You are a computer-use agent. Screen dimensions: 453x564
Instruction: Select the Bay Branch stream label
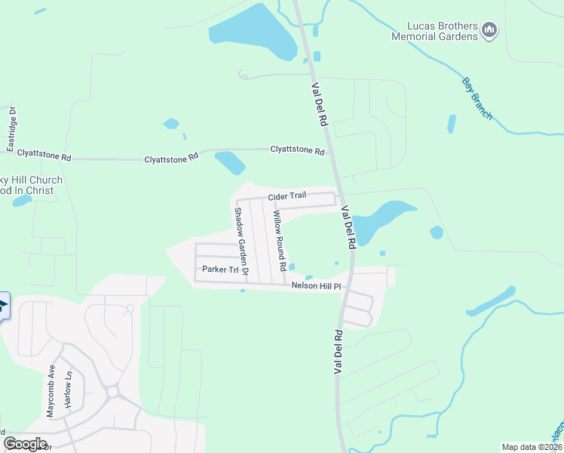(477, 98)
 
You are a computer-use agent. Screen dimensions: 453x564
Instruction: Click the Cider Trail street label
(287, 196)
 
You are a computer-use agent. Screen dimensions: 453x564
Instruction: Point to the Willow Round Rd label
(279, 241)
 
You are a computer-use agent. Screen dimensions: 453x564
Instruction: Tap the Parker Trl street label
(219, 270)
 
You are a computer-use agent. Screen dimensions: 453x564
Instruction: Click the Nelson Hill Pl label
(317, 286)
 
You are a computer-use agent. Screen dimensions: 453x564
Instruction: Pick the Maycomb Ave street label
(51, 392)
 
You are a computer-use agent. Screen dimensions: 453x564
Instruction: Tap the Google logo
(26, 444)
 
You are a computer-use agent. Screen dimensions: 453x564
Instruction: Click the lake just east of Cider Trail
(381, 220)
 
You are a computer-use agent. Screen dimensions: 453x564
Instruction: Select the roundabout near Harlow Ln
(112, 392)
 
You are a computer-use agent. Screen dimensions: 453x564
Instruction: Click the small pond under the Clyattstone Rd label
(230, 162)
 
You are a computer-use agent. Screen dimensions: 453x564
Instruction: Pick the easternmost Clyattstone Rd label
(297, 150)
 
